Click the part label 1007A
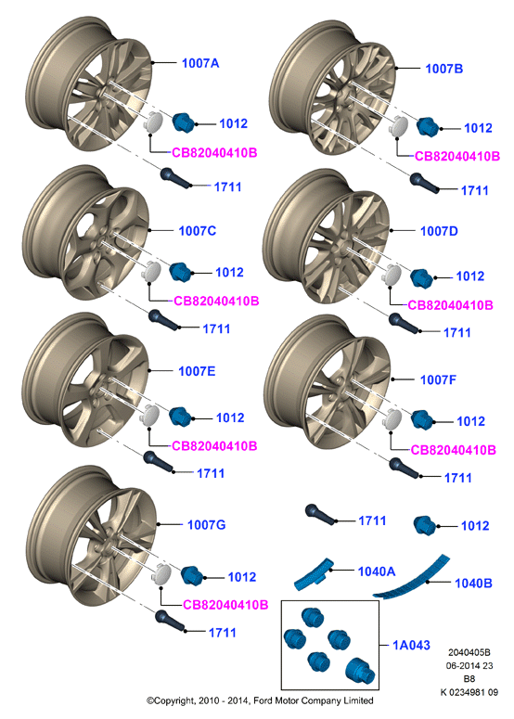point(200,63)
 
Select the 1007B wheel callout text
point(443,69)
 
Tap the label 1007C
point(198,231)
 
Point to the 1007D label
point(439,231)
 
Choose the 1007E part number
point(197,371)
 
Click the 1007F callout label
point(438,379)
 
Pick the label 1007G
point(206,524)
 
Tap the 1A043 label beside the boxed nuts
point(411,645)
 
